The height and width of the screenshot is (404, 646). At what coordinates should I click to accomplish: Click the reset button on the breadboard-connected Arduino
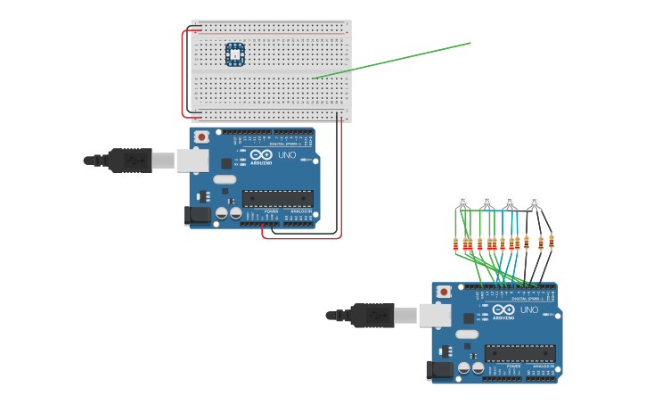tap(202, 136)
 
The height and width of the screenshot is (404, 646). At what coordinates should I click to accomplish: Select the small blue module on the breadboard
tap(235, 54)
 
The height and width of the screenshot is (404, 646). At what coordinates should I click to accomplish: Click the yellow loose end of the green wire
tap(470, 43)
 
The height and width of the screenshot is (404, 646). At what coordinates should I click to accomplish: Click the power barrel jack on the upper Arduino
tap(195, 215)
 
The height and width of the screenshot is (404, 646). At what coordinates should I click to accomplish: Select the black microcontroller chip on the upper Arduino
tap(277, 198)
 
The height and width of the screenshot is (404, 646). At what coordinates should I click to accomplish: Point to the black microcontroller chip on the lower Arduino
tap(519, 353)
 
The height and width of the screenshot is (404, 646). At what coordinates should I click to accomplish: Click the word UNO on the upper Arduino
tap(287, 156)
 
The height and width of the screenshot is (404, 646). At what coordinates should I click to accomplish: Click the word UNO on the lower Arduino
tap(529, 310)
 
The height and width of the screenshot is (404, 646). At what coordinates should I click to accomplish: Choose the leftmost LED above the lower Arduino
tap(462, 201)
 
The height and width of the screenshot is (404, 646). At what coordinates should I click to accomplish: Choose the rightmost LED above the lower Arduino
tap(535, 201)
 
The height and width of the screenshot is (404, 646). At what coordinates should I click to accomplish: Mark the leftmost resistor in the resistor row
tap(456, 243)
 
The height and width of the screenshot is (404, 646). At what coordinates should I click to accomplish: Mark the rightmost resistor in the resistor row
tap(552, 241)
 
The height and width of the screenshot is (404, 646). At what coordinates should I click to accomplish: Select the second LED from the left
tap(487, 201)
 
